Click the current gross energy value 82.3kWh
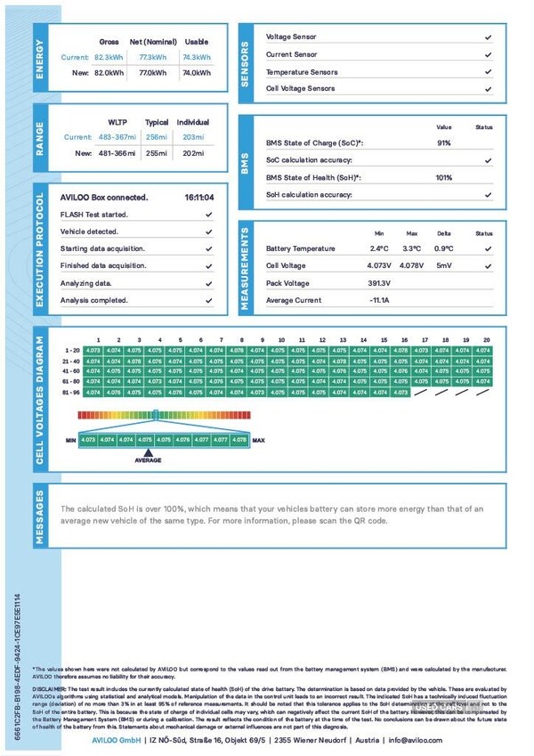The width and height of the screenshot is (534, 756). pyautogui.click(x=109, y=57)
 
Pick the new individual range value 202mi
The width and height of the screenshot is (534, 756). pyautogui.click(x=192, y=153)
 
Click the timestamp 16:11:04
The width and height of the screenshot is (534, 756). pyautogui.click(x=199, y=198)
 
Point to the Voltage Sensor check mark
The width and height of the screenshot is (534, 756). pyautogui.click(x=488, y=38)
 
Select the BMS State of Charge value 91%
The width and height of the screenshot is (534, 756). pyautogui.click(x=444, y=143)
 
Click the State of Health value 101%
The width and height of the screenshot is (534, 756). pyautogui.click(x=444, y=177)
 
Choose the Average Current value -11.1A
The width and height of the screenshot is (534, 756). pyautogui.click(x=381, y=301)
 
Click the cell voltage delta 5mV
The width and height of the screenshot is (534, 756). pyautogui.click(x=444, y=266)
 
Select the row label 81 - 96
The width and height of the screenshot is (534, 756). pyautogui.click(x=72, y=392)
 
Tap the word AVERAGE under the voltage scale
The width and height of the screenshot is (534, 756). pyautogui.click(x=149, y=460)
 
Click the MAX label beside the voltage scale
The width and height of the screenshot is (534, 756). pyautogui.click(x=259, y=440)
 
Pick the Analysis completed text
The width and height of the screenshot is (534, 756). pyautogui.click(x=93, y=300)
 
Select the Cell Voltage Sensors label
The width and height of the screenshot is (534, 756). pyautogui.click(x=302, y=89)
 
